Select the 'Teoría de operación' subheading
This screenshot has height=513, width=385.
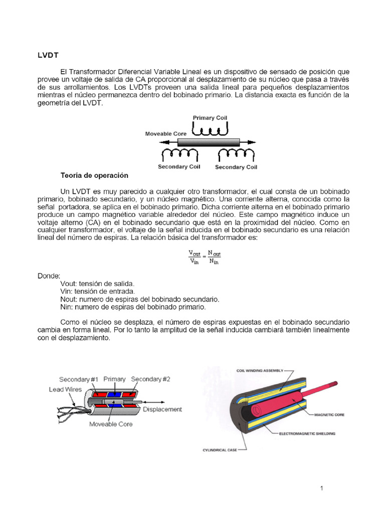(x=94, y=176)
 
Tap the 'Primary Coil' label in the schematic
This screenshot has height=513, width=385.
(x=210, y=118)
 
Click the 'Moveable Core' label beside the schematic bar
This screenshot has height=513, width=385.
(x=165, y=134)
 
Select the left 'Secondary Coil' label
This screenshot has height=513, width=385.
(x=179, y=167)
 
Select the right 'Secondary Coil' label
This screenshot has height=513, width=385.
(x=236, y=167)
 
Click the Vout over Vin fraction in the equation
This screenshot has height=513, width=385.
(x=195, y=257)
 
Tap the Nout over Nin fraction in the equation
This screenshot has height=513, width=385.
(x=215, y=257)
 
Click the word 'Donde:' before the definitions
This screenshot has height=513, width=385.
(x=49, y=276)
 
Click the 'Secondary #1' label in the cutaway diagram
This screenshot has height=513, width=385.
(x=79, y=379)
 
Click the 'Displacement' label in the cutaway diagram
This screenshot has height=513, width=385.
(x=162, y=409)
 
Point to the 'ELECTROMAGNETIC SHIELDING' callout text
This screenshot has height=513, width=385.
(x=307, y=433)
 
